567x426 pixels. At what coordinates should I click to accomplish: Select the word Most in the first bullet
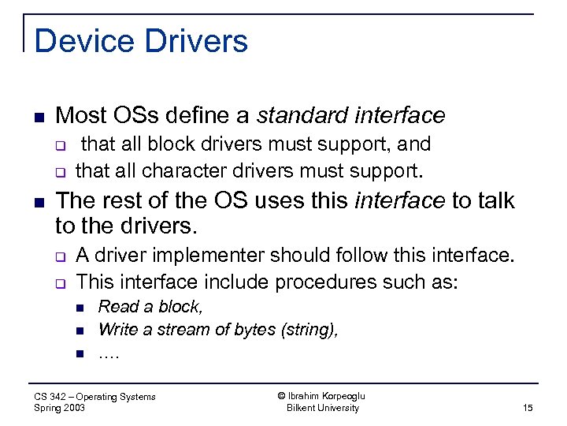78,116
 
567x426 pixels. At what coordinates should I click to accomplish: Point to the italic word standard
303,116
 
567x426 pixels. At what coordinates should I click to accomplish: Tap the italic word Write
118,330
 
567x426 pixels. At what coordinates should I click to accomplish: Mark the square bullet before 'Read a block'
80,308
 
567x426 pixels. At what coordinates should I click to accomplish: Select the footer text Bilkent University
323,408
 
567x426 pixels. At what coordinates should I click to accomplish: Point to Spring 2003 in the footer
60,408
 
